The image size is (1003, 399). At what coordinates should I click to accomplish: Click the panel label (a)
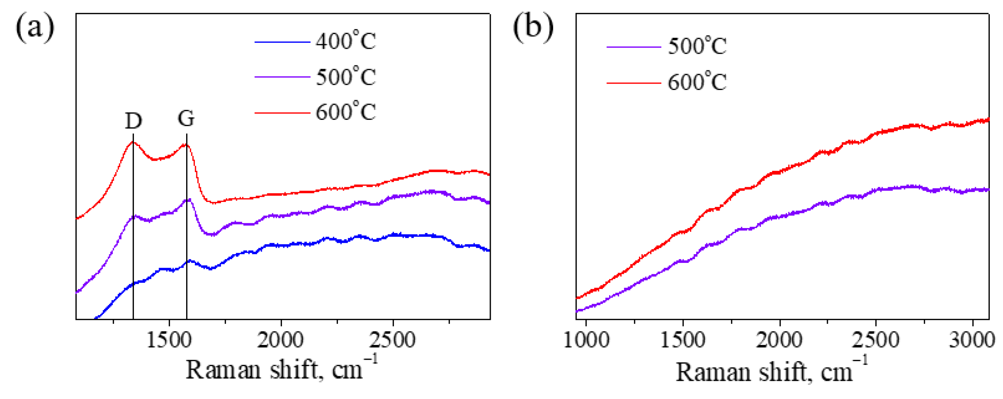click(35, 27)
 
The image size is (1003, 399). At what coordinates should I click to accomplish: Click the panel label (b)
click(533, 27)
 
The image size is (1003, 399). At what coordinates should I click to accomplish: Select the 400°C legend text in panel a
click(346, 41)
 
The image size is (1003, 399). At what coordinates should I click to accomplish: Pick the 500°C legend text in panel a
click(346, 77)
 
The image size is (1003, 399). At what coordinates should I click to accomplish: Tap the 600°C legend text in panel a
click(346, 112)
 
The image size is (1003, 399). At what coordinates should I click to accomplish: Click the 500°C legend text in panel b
click(697, 46)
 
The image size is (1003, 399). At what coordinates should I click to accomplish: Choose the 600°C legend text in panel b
click(697, 82)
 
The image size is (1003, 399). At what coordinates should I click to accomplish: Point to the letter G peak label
click(186, 118)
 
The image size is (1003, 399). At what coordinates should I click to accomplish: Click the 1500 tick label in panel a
click(169, 340)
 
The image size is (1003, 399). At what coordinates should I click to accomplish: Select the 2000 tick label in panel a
click(280, 340)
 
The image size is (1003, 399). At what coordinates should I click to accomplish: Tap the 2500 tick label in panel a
click(392, 340)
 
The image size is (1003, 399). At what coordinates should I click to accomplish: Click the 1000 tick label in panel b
click(586, 340)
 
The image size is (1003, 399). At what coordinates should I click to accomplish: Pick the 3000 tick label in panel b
click(972, 340)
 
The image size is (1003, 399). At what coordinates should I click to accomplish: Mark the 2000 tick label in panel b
click(779, 340)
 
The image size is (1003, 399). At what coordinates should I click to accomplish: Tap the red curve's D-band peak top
click(132, 143)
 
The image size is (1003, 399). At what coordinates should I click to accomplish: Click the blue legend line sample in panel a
click(282, 42)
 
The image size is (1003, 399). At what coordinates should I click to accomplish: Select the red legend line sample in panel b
click(634, 83)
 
